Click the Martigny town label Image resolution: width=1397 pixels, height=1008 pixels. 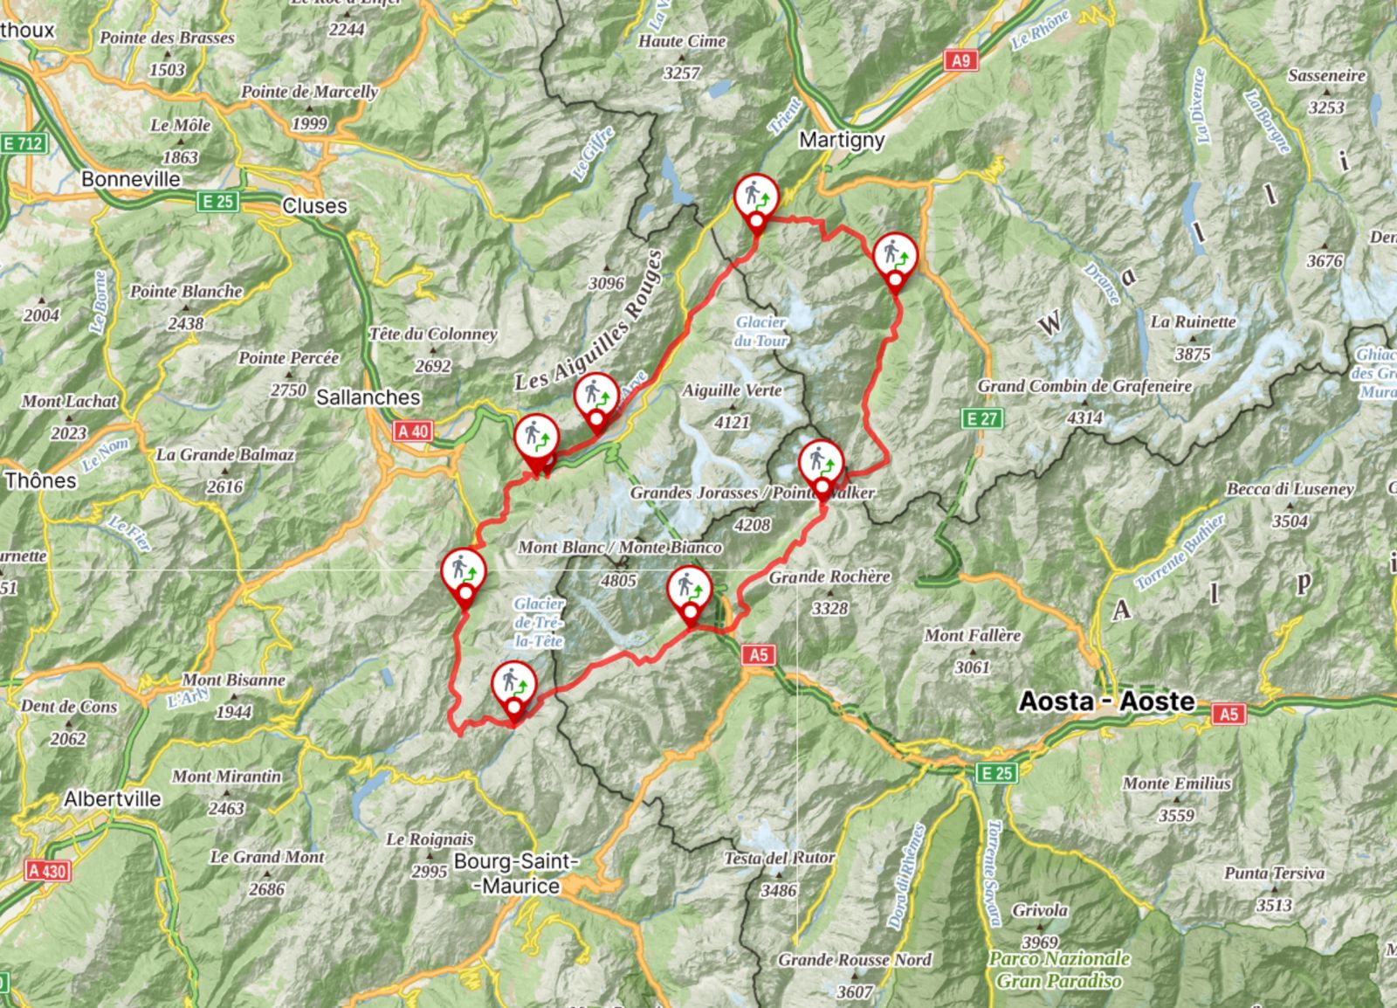click(x=842, y=140)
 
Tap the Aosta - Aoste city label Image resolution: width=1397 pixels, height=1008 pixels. click(x=1106, y=701)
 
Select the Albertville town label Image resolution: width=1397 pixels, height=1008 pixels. click(x=112, y=798)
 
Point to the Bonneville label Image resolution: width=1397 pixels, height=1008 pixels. click(x=131, y=179)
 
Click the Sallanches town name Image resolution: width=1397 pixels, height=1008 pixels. click(x=368, y=397)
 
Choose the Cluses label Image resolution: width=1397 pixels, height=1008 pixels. click(x=314, y=206)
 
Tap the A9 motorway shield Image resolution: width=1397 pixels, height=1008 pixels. click(x=960, y=60)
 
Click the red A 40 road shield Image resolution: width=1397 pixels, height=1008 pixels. click(x=413, y=431)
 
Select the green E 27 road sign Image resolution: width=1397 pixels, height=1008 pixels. click(x=982, y=418)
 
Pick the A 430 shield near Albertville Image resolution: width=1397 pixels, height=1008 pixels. click(x=46, y=871)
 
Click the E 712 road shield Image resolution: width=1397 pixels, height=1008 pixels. click(x=23, y=142)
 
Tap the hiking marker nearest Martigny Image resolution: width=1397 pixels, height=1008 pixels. click(x=756, y=198)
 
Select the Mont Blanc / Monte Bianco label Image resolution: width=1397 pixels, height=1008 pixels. click(x=620, y=548)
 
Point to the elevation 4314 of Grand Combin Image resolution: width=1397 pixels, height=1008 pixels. click(x=1084, y=418)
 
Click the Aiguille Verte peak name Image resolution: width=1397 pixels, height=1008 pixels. click(x=732, y=390)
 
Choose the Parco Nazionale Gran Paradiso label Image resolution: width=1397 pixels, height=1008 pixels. click(x=1059, y=970)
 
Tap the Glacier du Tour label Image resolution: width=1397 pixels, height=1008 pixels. click(x=760, y=332)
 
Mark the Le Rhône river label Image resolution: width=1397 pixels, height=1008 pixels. click(x=1040, y=31)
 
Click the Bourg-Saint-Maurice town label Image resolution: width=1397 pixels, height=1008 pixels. click(x=516, y=873)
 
